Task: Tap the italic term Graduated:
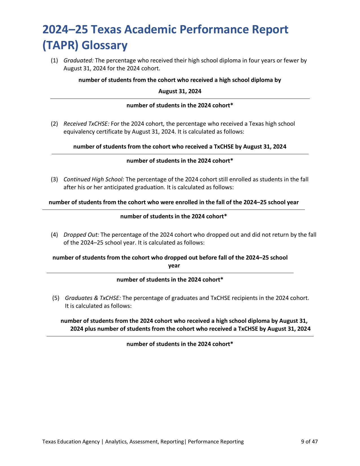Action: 78,60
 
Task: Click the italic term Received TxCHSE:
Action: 86,124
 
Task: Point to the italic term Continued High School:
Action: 94,179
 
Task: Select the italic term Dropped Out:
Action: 81,235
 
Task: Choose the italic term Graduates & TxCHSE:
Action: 93,298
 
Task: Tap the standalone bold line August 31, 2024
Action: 180,91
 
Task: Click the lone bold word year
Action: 174,266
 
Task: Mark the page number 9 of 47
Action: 309,442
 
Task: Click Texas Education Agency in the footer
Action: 71,442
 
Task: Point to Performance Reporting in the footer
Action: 216,442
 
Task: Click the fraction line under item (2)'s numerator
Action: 180,154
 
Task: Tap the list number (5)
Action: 56,298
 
